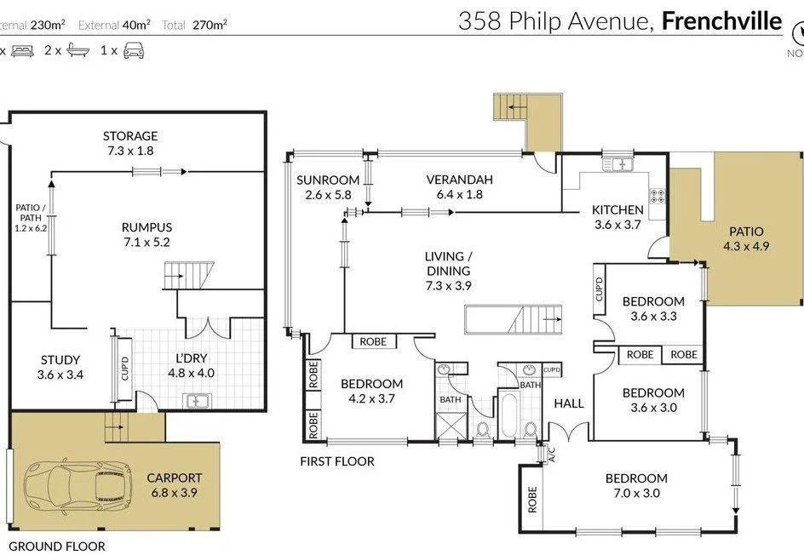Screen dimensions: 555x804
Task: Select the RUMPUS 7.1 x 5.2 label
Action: click(x=146, y=234)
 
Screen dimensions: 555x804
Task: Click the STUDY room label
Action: click(x=60, y=366)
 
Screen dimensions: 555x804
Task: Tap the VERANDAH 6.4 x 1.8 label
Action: click(x=459, y=187)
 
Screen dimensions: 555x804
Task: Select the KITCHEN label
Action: click(x=617, y=217)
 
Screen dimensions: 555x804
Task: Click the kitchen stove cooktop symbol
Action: click(x=658, y=195)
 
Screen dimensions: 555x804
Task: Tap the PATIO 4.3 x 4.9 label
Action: click(x=745, y=238)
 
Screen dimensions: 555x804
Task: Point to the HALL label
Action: click(x=569, y=403)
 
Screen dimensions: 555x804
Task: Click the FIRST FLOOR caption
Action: click(x=337, y=461)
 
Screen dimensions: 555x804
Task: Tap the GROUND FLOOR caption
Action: click(x=56, y=546)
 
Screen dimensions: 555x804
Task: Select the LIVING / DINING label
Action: click(x=448, y=271)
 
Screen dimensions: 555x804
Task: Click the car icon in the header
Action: click(x=133, y=51)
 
